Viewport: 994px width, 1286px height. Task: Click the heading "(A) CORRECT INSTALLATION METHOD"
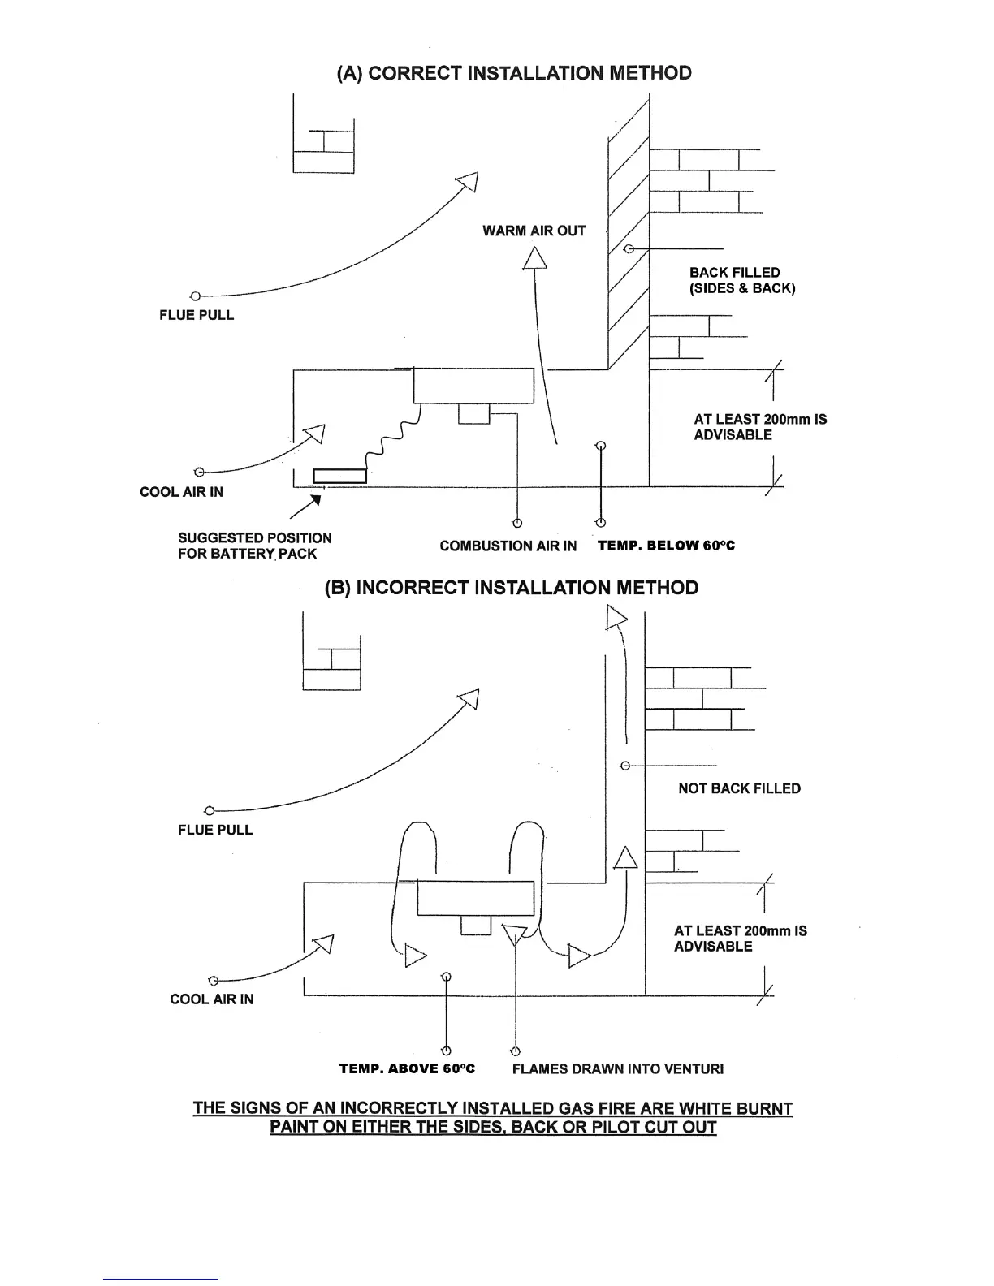coord(514,73)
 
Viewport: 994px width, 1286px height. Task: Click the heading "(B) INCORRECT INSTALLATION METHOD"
coord(511,588)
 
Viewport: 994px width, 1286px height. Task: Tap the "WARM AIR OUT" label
coord(534,231)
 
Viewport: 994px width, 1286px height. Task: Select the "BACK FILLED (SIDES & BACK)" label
coord(741,281)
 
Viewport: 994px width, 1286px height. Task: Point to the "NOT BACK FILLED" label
coord(739,788)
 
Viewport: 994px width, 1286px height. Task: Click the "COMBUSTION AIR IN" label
coord(508,546)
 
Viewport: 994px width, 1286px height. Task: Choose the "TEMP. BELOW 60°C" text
coord(666,546)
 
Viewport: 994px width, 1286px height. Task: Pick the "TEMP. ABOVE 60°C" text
coord(407,1069)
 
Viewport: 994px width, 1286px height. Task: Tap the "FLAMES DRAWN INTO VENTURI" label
coord(617,1069)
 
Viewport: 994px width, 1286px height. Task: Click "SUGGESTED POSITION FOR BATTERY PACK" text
coord(254,546)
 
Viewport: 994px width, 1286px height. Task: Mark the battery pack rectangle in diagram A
coord(339,476)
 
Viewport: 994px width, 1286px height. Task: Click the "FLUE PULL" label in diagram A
coord(197,315)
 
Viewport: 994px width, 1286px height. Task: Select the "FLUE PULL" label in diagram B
coord(215,830)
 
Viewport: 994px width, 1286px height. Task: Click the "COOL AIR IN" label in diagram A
coord(181,492)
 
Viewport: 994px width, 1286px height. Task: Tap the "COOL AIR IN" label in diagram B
coord(211,999)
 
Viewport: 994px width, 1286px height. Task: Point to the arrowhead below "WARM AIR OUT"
coord(534,257)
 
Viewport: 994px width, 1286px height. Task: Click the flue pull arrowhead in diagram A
coord(469,183)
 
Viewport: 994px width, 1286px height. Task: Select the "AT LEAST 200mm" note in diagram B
coord(740,939)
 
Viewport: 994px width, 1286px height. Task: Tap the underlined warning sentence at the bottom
coord(493,1118)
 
